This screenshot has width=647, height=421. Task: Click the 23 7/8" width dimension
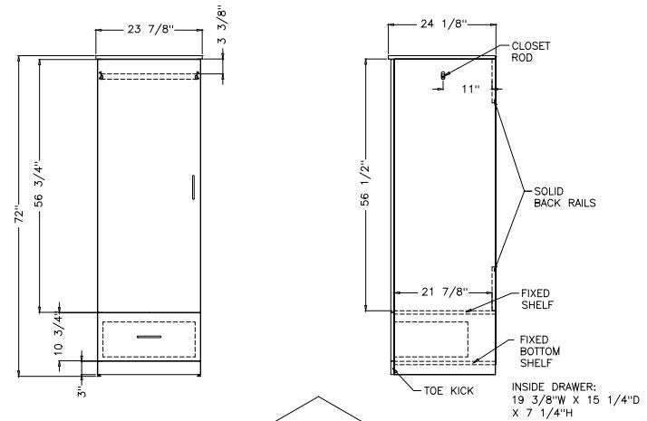147,30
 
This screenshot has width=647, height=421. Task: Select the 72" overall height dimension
20,216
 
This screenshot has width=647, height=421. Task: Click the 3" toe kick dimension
81,392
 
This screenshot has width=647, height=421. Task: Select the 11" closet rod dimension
468,90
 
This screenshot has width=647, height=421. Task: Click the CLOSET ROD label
530,51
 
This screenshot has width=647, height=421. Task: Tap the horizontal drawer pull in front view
150,336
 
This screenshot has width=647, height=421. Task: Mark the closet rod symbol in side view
443,75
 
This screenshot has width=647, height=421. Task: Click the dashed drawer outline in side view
431,338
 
